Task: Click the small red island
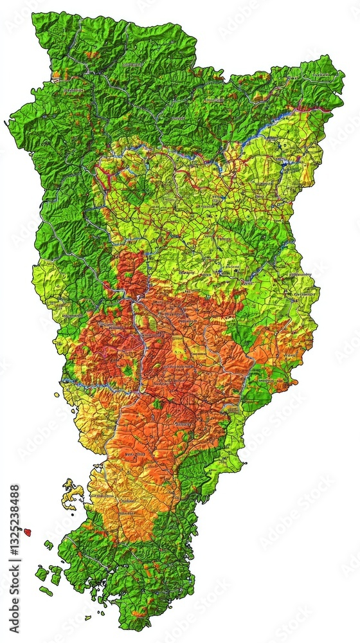tap(28, 532)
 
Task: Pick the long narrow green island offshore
tap(46, 591)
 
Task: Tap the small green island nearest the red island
tap(48, 545)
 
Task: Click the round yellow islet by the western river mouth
tap(57, 395)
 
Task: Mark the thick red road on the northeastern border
tap(315, 109)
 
